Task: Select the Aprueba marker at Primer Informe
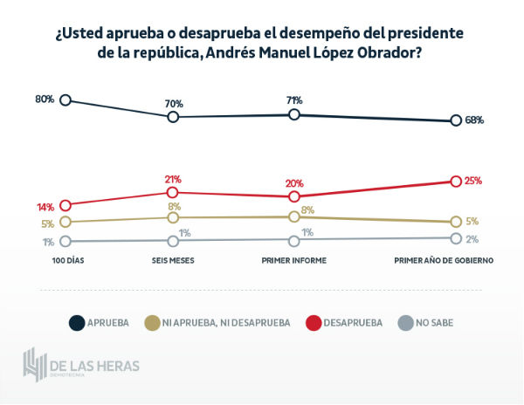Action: pyautogui.click(x=294, y=114)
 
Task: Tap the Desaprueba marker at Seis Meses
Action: pyautogui.click(x=173, y=192)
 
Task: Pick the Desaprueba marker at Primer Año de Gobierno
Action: pyautogui.click(x=455, y=181)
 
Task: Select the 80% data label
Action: pyautogui.click(x=45, y=100)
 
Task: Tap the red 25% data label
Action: pyautogui.click(x=473, y=181)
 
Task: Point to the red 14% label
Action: pyautogui.click(x=45, y=207)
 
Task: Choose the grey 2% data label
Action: pyautogui.click(x=472, y=238)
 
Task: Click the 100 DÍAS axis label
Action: pyautogui.click(x=67, y=260)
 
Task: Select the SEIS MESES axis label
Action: pyautogui.click(x=173, y=260)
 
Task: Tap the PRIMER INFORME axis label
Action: pyautogui.click(x=294, y=260)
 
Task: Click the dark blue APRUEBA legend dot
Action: pyautogui.click(x=76, y=323)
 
